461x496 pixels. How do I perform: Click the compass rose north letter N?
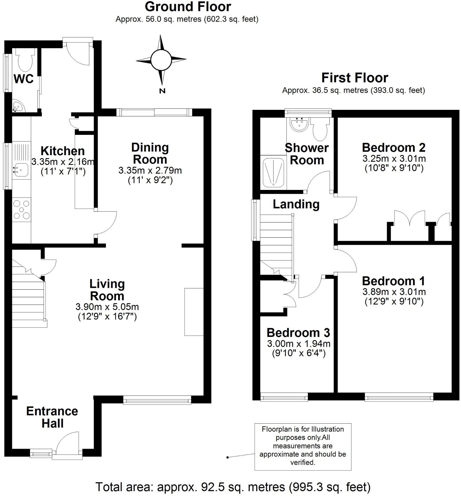(x=162, y=91)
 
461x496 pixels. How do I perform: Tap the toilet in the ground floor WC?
(x=25, y=61)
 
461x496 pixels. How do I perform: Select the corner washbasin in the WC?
(x=18, y=106)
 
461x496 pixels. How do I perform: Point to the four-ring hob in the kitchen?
(x=22, y=210)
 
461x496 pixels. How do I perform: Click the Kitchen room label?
(x=63, y=151)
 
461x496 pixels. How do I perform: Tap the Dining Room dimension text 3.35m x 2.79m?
(x=150, y=170)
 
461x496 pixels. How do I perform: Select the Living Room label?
(x=107, y=290)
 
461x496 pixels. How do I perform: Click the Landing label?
(x=296, y=204)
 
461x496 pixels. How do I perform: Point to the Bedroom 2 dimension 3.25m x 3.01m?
(x=394, y=159)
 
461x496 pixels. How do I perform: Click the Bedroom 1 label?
(x=393, y=281)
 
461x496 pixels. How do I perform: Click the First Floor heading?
(x=354, y=78)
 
